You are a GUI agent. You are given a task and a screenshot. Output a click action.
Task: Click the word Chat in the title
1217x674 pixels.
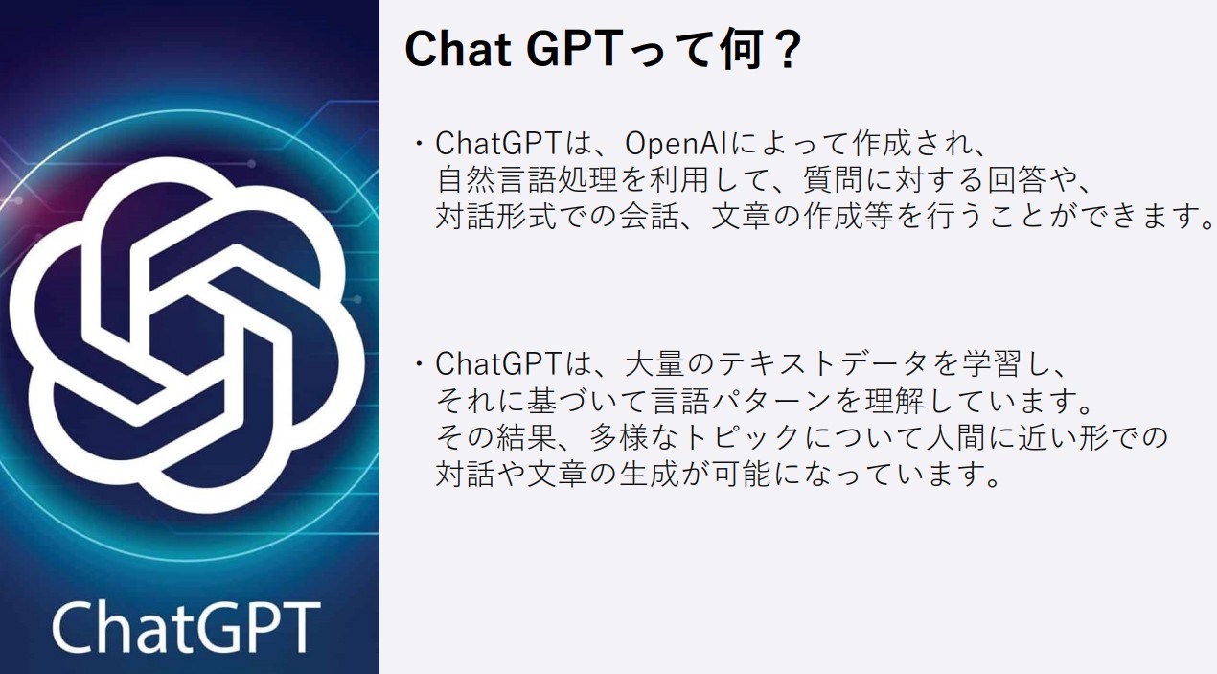(x=457, y=50)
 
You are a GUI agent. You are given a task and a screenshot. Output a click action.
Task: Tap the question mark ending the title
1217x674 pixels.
(x=789, y=50)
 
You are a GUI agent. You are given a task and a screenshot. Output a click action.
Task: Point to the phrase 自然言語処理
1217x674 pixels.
(x=527, y=180)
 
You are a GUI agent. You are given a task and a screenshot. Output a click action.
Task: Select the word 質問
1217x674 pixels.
(x=834, y=180)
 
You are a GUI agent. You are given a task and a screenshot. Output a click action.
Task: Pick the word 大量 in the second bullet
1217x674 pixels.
(x=655, y=364)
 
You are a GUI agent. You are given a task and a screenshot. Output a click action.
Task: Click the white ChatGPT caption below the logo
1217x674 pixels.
(x=186, y=627)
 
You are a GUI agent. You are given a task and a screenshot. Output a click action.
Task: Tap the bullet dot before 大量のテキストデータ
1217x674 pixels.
(x=420, y=364)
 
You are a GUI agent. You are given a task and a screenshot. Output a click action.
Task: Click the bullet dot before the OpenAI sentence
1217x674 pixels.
(x=420, y=144)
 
